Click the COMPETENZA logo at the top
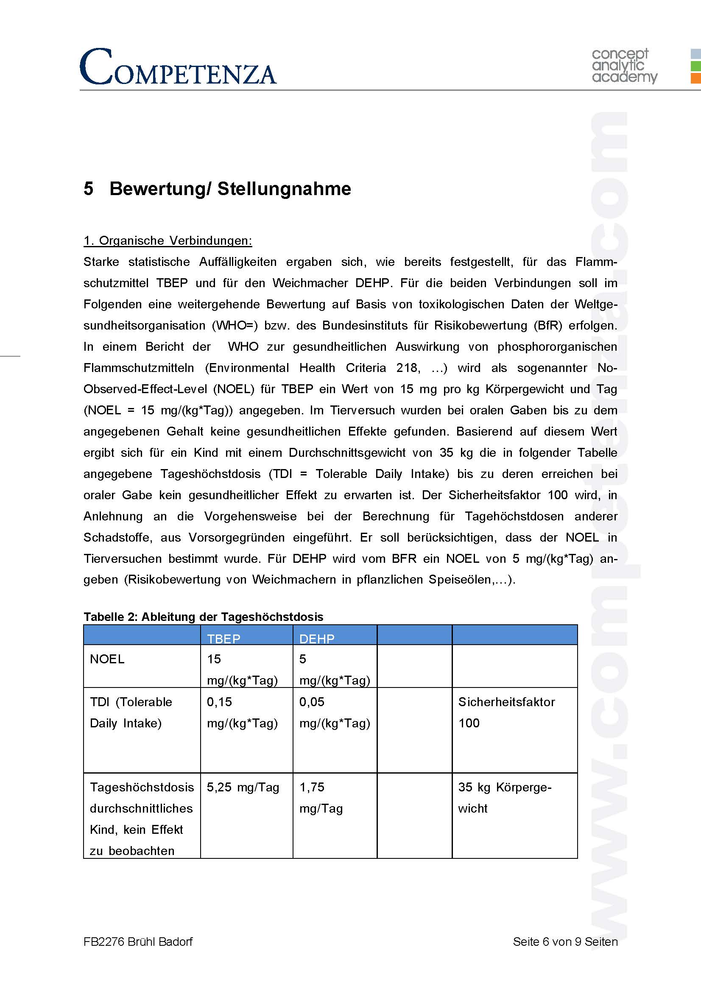coord(178,67)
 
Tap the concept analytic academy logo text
coord(624,65)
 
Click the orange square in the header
coord(695,78)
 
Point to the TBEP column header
coord(224,639)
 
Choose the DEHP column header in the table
coord(317,639)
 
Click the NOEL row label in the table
coord(107,659)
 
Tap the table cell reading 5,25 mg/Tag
coord(243,787)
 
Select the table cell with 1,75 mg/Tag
coord(321,798)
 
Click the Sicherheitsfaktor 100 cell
coord(506,712)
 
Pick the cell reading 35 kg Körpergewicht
coord(505,798)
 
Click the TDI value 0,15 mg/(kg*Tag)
coord(242,712)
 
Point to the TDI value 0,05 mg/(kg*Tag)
coord(334,712)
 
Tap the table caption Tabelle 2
coord(203,617)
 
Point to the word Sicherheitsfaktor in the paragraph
coord(494,495)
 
